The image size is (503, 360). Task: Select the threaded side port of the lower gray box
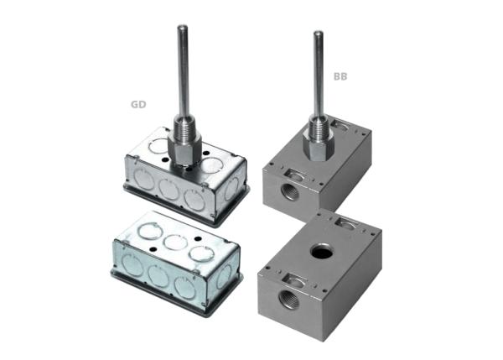point(289,297)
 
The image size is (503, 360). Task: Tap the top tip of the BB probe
point(319,34)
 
